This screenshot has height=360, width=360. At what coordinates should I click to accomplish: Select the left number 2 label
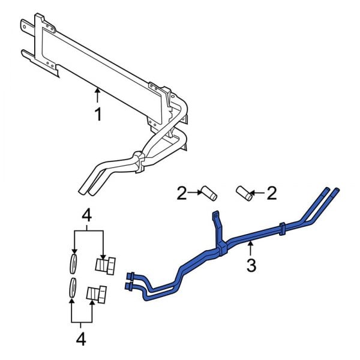click(x=181, y=193)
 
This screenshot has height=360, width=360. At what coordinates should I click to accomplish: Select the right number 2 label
click(x=272, y=193)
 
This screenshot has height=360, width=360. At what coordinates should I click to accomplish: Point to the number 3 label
click(x=251, y=264)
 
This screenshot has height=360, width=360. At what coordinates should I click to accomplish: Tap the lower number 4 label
click(x=81, y=339)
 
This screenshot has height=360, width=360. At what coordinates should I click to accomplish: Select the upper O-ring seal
click(x=73, y=262)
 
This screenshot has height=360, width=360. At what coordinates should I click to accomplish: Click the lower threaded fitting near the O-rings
click(x=97, y=294)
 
